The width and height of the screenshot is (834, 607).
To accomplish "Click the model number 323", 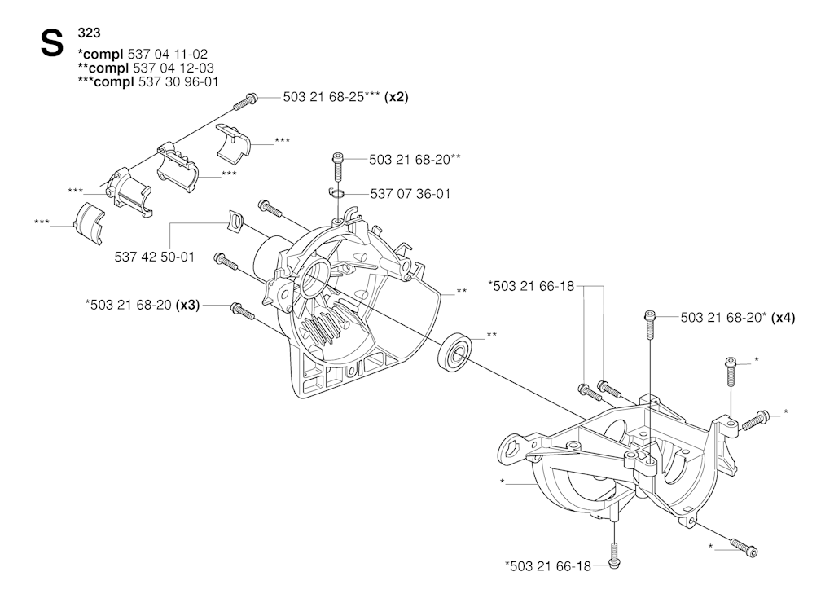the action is [89, 33].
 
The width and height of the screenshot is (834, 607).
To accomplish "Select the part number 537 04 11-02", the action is [168, 55].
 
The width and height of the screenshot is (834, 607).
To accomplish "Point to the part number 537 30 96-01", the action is [178, 82].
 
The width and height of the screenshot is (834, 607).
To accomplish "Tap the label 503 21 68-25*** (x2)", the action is [345, 97].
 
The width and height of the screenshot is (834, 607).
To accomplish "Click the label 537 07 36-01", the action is [410, 194].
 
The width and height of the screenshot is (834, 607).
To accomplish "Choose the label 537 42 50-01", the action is [154, 257].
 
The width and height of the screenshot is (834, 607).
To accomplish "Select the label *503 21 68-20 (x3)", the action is [143, 306].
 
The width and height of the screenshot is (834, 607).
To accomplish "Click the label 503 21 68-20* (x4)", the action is [738, 318].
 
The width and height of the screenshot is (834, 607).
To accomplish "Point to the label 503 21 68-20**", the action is [415, 160].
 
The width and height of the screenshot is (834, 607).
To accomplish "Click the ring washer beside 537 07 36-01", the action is [336, 192].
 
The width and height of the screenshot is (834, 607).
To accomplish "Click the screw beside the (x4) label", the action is [649, 325].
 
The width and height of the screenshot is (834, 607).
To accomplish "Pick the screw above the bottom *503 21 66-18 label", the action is [613, 555].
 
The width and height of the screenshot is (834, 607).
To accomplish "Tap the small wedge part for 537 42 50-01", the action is [234, 220].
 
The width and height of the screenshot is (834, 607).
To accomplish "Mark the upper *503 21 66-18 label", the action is [531, 286].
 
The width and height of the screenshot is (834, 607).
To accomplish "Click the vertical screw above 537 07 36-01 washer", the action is [337, 165].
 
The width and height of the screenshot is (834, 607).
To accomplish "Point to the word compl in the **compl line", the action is [108, 68].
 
